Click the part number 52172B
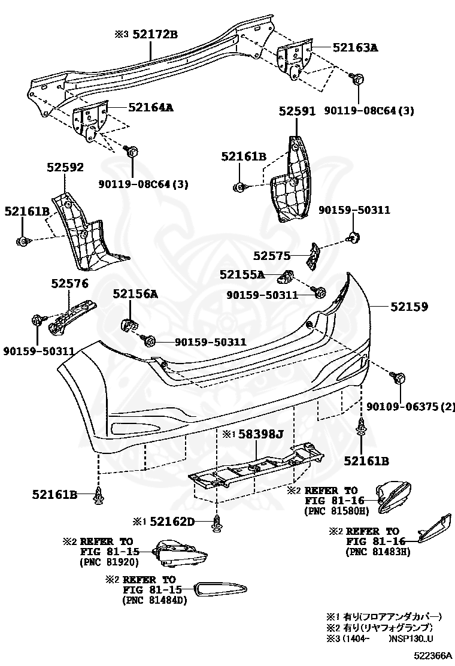click(154, 34)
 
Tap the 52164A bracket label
click(150, 108)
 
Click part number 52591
click(297, 111)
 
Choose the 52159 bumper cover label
click(409, 306)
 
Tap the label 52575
click(271, 256)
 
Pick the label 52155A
click(242, 274)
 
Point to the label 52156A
click(135, 293)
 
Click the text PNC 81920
click(109, 562)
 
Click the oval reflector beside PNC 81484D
click(221, 590)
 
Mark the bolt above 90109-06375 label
click(398, 378)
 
